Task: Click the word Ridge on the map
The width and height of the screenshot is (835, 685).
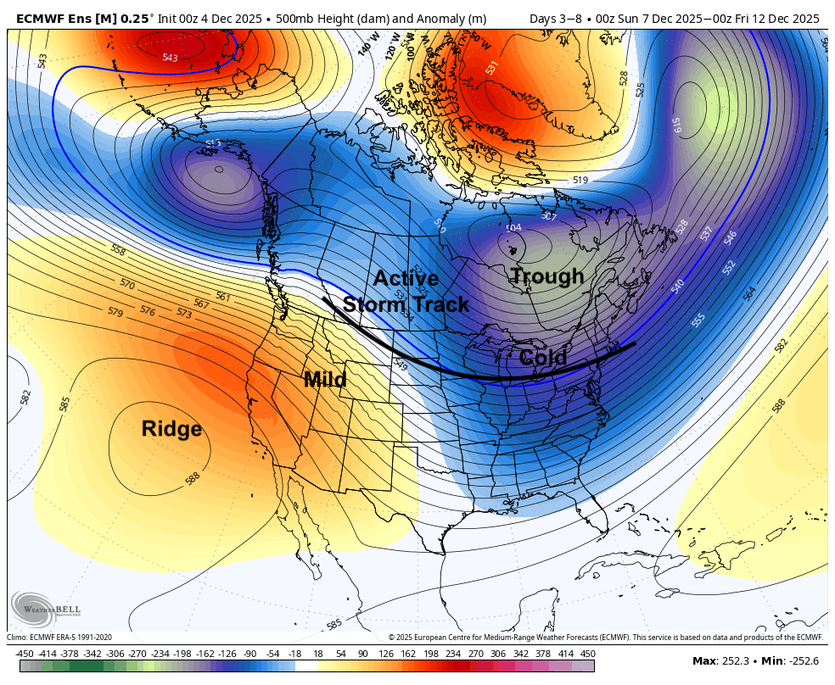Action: [x=171, y=429]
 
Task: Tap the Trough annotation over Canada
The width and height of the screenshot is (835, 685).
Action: [x=546, y=276]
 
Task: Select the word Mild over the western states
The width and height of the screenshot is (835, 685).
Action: [x=325, y=380]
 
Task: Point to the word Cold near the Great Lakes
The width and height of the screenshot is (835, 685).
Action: [x=542, y=358]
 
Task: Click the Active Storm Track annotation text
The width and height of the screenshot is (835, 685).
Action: [x=406, y=292]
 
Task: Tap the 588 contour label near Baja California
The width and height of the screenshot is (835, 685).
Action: [x=193, y=479]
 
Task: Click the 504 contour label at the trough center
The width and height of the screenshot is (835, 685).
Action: [x=513, y=227]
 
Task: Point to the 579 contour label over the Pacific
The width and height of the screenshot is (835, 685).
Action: [x=115, y=312]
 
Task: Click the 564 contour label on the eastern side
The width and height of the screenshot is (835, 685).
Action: [x=748, y=292]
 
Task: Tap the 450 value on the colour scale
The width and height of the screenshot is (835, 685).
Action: [x=587, y=654]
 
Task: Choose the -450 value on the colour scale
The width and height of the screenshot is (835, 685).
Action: [x=24, y=654]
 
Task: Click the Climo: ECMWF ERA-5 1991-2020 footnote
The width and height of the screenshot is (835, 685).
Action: [x=59, y=638]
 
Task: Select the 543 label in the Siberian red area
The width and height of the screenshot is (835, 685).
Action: [x=170, y=58]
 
